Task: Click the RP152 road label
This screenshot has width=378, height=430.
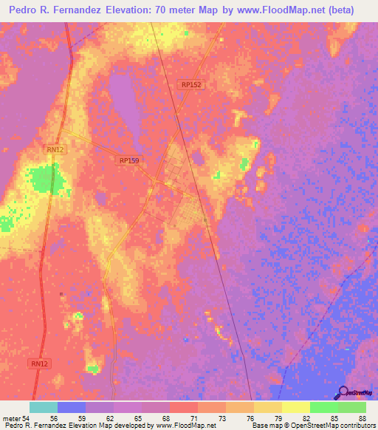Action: click(191, 85)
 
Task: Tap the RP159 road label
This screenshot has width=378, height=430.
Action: click(128, 160)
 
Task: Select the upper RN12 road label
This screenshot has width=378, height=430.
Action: click(55, 149)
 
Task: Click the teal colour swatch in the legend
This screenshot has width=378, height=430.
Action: click(44, 407)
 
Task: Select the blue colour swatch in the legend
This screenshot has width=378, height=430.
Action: click(72, 407)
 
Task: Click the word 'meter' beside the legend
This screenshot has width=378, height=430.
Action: click(12, 417)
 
